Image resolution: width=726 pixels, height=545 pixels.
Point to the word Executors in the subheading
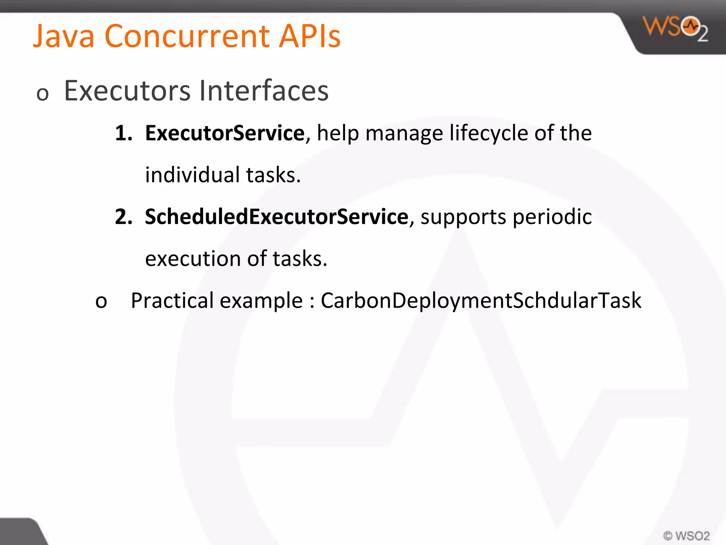click(127, 91)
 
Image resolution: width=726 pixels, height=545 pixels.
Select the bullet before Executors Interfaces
click(43, 94)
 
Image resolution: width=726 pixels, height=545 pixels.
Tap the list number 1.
click(123, 133)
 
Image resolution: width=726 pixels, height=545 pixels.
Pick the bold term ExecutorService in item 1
click(225, 133)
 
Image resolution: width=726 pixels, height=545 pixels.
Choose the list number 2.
click(123, 217)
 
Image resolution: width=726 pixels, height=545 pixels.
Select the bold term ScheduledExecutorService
click(277, 217)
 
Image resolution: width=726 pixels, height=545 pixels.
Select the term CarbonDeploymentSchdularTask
click(481, 301)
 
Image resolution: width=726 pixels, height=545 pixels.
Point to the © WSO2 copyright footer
click(686, 535)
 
